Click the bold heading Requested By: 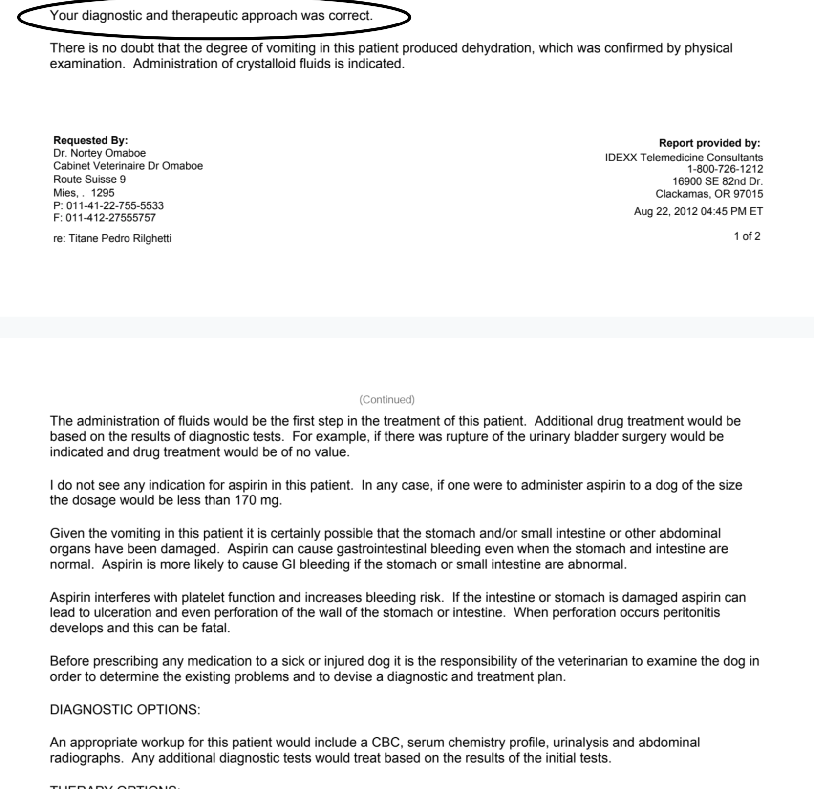point(90,140)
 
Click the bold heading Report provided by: point(709,143)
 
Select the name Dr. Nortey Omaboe point(99,153)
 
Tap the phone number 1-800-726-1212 point(725,169)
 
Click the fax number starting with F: point(105,218)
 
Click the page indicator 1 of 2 point(747,236)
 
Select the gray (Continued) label point(386,400)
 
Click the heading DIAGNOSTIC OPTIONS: point(125,710)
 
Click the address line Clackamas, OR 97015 point(709,194)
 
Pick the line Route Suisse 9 point(89,179)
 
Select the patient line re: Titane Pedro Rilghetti point(112,238)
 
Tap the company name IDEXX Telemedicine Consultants point(684,158)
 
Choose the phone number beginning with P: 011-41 point(108,205)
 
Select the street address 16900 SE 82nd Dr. point(717,181)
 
